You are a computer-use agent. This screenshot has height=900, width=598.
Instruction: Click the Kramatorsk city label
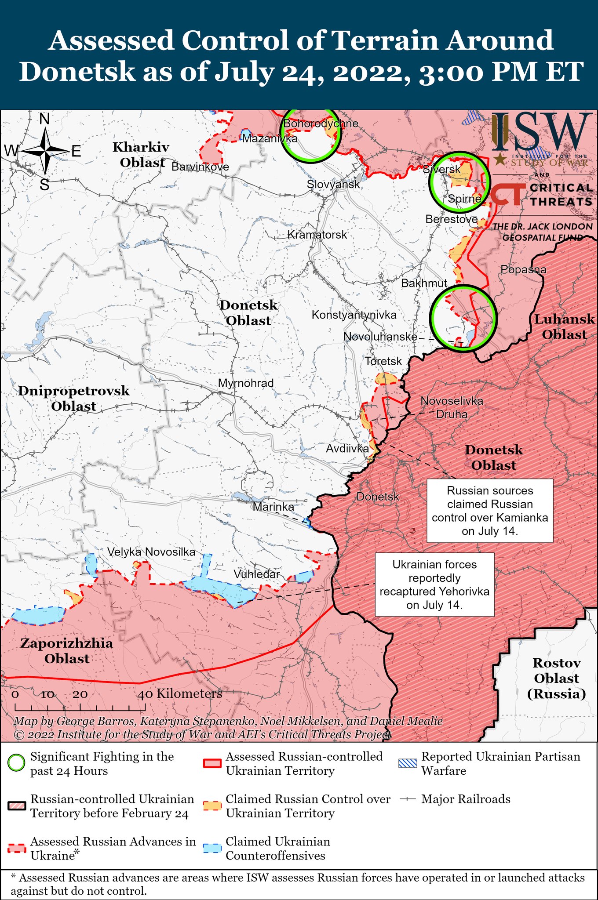click(317, 235)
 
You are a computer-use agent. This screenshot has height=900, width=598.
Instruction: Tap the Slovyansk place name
click(333, 184)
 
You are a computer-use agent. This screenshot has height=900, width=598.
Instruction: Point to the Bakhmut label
click(424, 283)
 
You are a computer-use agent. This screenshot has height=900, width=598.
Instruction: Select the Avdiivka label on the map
click(347, 449)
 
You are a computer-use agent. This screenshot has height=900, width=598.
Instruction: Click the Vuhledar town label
click(256, 574)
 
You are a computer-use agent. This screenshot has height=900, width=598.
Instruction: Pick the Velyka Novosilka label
click(151, 552)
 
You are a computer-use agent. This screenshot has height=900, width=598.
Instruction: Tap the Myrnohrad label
click(246, 383)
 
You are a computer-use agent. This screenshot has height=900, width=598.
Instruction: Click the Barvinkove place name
click(200, 167)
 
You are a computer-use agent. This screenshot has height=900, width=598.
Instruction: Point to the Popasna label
click(523, 269)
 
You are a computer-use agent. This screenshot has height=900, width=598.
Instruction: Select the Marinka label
click(273, 507)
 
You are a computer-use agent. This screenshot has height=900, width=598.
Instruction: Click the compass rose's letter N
click(44, 120)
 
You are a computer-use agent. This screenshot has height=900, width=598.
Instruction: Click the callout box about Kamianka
click(490, 511)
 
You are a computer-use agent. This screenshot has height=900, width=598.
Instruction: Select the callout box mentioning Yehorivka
click(434, 584)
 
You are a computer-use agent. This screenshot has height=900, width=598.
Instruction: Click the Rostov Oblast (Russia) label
click(556, 678)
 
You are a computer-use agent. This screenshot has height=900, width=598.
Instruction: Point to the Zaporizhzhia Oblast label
click(67, 651)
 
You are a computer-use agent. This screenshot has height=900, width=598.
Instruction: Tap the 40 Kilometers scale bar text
click(180, 694)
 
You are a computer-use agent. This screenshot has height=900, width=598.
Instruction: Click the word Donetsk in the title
click(77, 72)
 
